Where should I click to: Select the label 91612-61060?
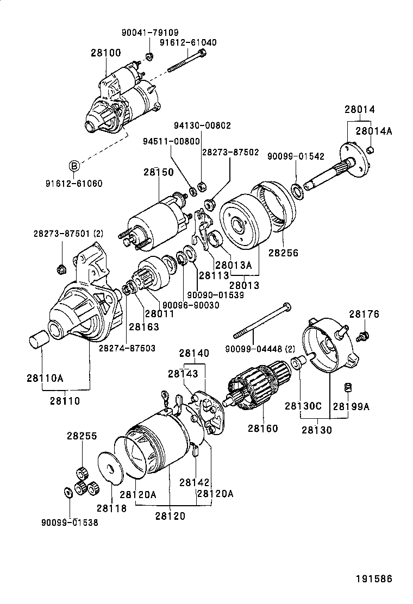click(74, 183)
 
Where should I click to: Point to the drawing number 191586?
click(373, 578)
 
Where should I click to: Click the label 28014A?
click(374, 131)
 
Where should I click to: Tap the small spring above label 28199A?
click(348, 387)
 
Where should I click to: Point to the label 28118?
click(111, 509)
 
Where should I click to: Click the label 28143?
click(183, 373)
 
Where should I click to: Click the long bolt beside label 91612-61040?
click(185, 60)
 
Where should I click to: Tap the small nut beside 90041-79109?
click(150, 56)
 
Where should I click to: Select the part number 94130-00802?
click(202, 125)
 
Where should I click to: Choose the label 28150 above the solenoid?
click(159, 172)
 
